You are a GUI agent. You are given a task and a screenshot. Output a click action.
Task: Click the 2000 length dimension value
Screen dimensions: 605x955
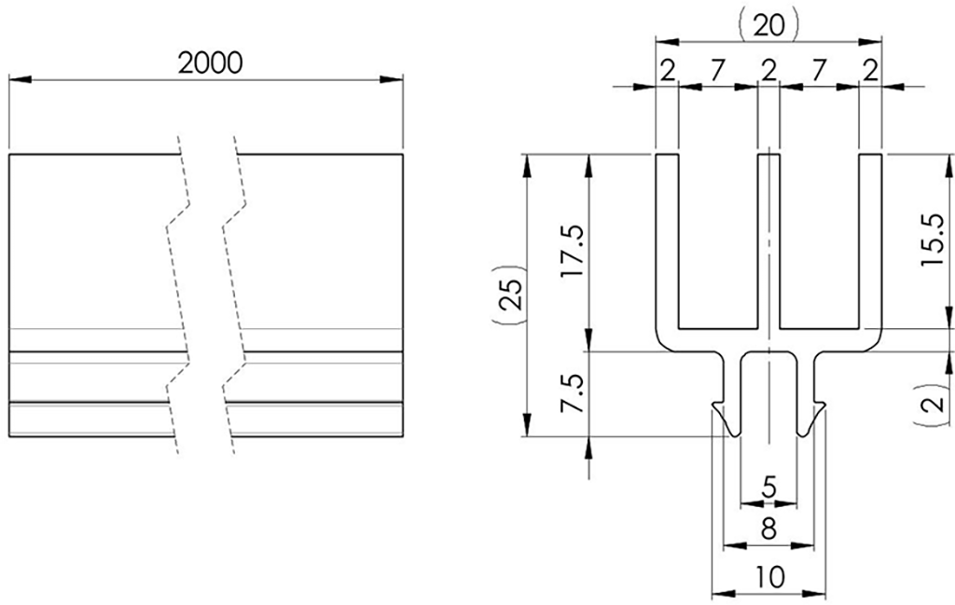pos(210,62)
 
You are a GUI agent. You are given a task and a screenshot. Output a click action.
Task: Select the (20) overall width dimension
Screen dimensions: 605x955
pos(768,25)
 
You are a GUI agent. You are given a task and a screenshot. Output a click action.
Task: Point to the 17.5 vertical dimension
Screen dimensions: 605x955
pos(572,251)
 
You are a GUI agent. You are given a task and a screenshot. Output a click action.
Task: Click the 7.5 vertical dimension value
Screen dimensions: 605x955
pos(572,395)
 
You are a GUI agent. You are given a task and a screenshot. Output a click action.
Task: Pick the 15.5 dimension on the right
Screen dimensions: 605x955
pos(932,240)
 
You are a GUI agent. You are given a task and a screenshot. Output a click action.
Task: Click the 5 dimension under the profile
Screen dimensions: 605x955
pos(768,486)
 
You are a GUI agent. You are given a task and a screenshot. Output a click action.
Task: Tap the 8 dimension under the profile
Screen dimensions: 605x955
pos(768,529)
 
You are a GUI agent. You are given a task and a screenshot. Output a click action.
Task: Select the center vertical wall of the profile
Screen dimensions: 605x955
pos(768,242)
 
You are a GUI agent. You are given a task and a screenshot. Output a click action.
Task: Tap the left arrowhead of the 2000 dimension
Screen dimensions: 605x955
pos(19,79)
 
